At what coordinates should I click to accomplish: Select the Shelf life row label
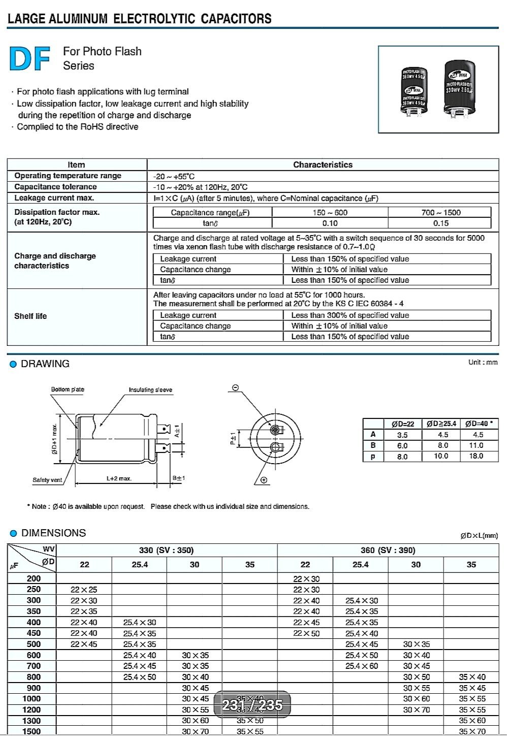pos(30,316)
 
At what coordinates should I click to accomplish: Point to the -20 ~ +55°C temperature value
pos(174,177)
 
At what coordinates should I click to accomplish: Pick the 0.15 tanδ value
pos(440,223)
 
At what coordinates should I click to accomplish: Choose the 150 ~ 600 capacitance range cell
pos(330,213)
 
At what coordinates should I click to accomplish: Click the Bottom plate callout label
pos(68,390)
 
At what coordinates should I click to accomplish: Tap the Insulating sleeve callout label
pos(150,390)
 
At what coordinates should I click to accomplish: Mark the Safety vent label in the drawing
pos(47,480)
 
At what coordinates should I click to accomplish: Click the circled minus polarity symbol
pos(235,388)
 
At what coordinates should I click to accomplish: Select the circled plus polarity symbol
pos(264,480)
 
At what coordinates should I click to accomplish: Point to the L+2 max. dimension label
pos(119,478)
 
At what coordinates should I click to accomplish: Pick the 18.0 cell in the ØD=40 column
pos(476,456)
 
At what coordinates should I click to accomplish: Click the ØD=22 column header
pos(402,424)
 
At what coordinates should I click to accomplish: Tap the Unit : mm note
pos(483,362)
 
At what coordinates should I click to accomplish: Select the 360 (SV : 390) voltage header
pos(388,551)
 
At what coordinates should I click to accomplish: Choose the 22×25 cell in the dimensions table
pos(84,590)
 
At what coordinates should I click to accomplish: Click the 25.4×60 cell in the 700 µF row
pos(361,666)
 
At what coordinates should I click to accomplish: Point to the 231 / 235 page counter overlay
pos(252,705)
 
